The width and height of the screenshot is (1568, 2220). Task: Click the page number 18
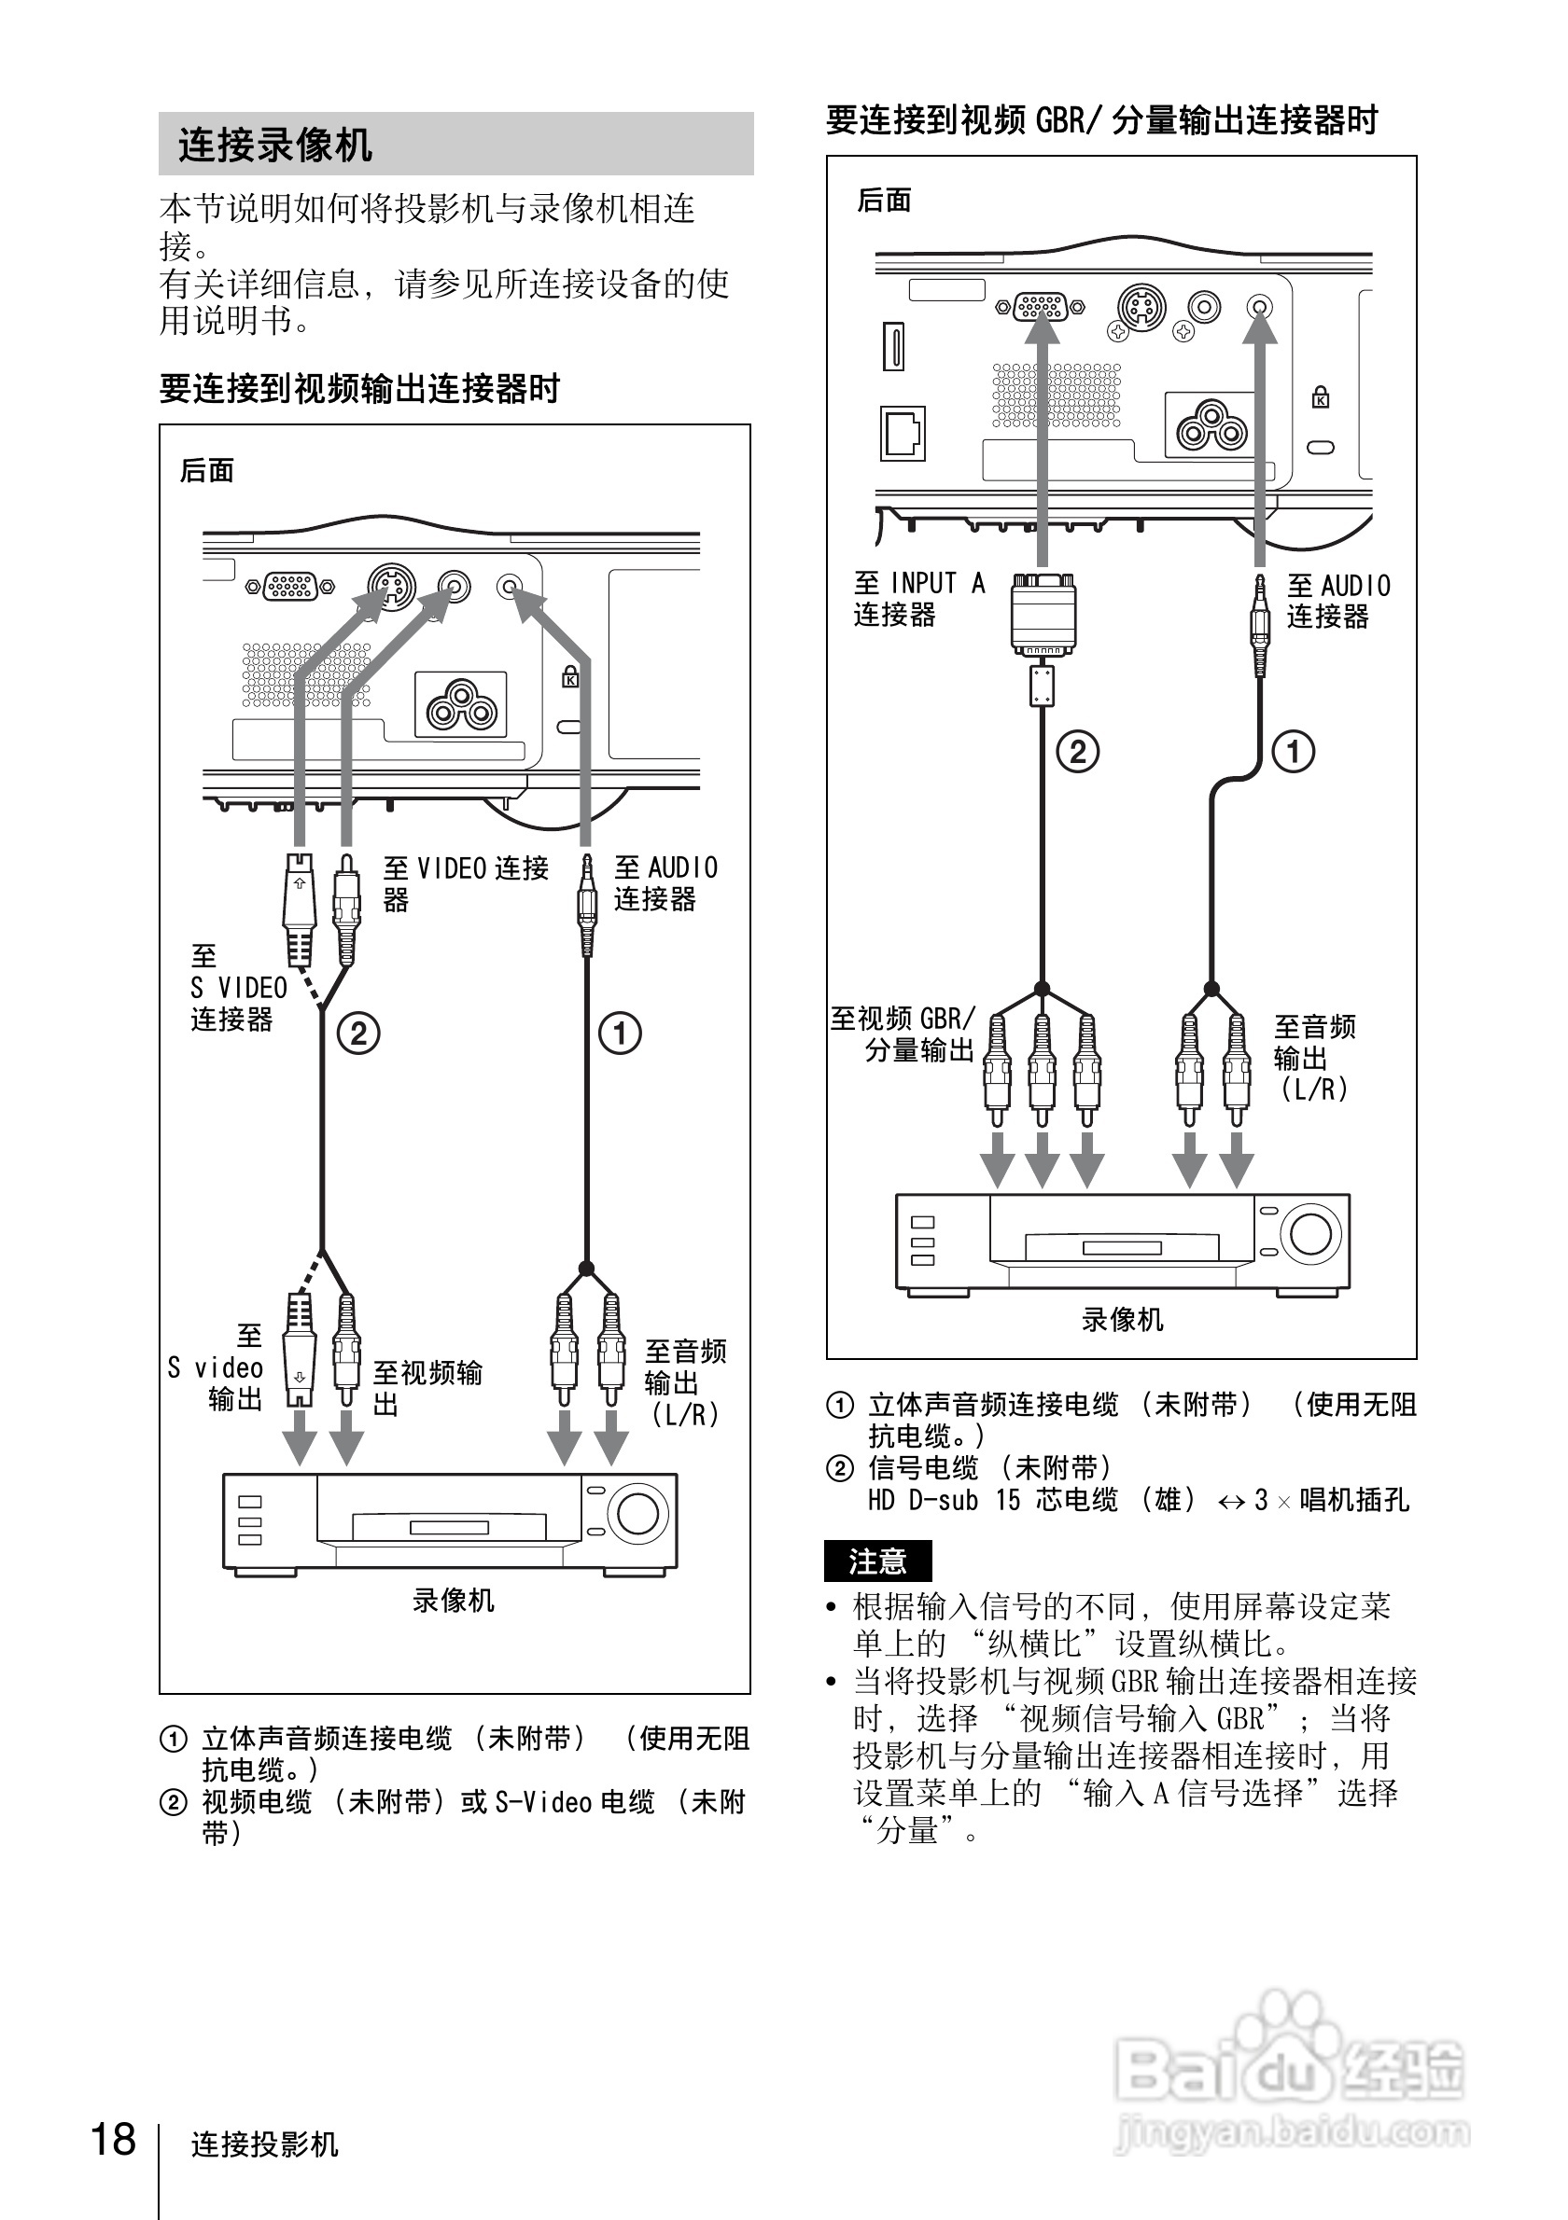click(x=113, y=2140)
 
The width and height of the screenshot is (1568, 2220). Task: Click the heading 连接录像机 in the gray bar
click(x=275, y=145)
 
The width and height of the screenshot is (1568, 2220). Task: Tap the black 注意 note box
click(x=877, y=1561)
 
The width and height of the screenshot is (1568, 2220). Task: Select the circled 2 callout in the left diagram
click(x=357, y=1033)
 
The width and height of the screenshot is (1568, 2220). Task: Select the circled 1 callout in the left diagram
click(x=620, y=1033)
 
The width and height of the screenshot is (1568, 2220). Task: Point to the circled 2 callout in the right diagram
click(x=1078, y=751)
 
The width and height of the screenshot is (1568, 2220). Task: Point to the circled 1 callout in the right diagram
click(x=1294, y=751)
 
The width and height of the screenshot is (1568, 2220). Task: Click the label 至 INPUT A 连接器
click(x=919, y=599)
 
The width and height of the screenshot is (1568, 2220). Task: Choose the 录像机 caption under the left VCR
click(x=453, y=1601)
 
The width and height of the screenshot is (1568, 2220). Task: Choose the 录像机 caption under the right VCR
click(x=1122, y=1320)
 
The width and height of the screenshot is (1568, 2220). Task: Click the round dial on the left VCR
click(x=637, y=1513)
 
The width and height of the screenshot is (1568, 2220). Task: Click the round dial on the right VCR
click(x=1310, y=1234)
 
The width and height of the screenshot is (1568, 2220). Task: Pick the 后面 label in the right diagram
click(x=884, y=201)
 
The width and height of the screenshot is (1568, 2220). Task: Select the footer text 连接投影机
click(x=264, y=2144)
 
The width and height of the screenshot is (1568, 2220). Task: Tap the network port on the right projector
click(x=903, y=432)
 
